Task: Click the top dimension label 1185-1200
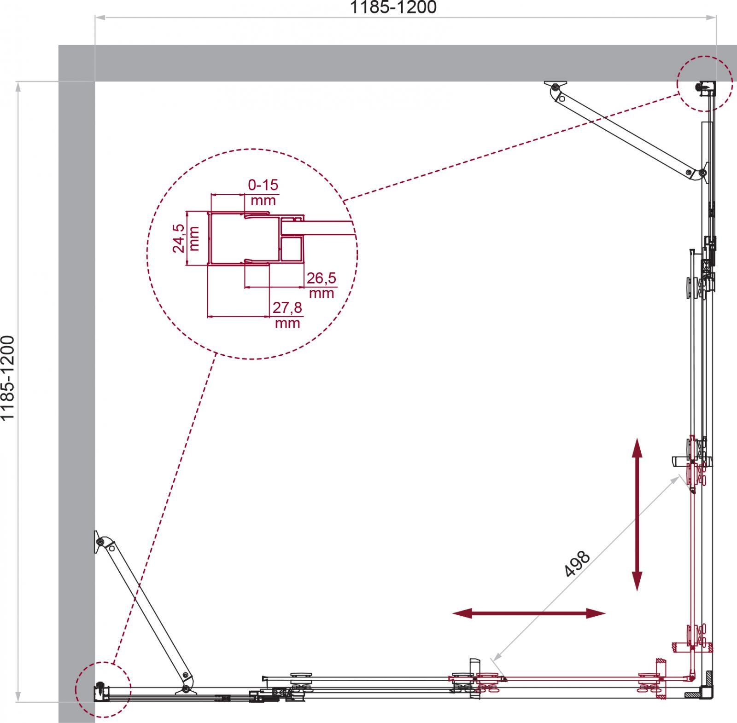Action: pos(393,7)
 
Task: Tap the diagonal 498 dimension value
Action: pos(577,564)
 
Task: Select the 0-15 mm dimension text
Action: pos(263,192)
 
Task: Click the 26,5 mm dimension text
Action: pos(321,285)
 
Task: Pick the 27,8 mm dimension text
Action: pos(287,315)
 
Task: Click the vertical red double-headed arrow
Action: pos(637,515)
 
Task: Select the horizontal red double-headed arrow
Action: pos(528,613)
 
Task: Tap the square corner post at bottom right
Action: pos(706,693)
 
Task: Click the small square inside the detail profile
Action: pos(292,249)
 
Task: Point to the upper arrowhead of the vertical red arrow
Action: pos(637,447)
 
